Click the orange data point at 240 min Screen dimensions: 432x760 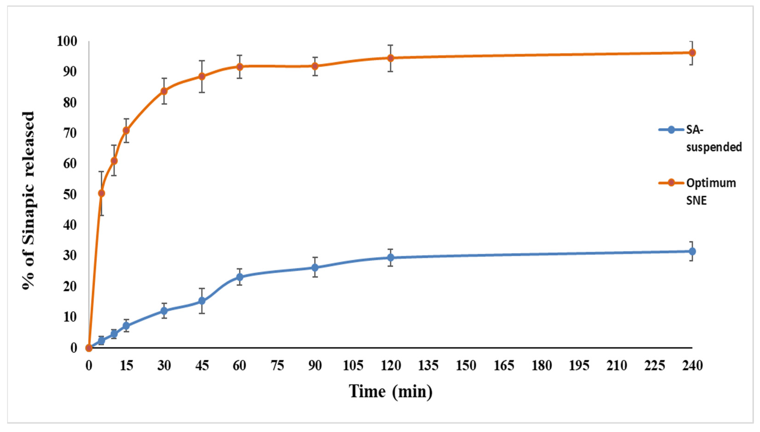click(692, 53)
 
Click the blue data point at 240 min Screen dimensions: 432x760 click(692, 251)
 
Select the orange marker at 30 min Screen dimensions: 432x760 click(164, 91)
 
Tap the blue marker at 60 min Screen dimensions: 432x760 click(239, 277)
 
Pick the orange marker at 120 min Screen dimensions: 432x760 click(391, 58)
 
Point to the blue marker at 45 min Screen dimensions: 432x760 click(202, 301)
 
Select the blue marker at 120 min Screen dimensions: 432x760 click(391, 258)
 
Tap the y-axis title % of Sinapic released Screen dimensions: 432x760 click(28, 200)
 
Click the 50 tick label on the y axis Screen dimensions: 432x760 click(70, 195)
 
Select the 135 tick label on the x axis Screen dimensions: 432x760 click(428, 366)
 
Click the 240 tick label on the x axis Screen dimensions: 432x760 click(692, 366)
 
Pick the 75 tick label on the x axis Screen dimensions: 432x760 click(277, 366)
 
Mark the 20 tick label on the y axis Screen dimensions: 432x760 click(70, 287)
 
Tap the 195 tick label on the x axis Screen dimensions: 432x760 click(579, 366)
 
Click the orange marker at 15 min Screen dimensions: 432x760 click(126, 131)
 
